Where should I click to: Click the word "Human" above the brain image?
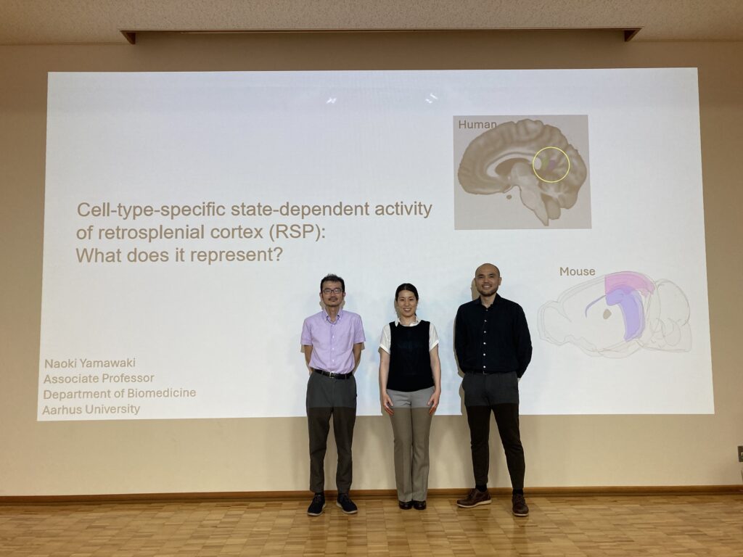click(477, 125)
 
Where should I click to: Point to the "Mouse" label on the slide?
click(577, 271)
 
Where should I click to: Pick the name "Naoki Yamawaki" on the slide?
click(90, 363)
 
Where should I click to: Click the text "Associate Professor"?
click(99, 379)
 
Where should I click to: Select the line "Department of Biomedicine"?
click(120, 394)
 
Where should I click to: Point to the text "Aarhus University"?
click(91, 409)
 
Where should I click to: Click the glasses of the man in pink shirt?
click(332, 290)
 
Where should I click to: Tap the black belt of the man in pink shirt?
click(332, 374)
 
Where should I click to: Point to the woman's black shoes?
click(412, 505)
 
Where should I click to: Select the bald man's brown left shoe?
click(520, 505)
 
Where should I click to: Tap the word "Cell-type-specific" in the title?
click(151, 210)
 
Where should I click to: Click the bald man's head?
click(487, 279)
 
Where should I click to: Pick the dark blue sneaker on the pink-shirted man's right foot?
click(316, 505)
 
